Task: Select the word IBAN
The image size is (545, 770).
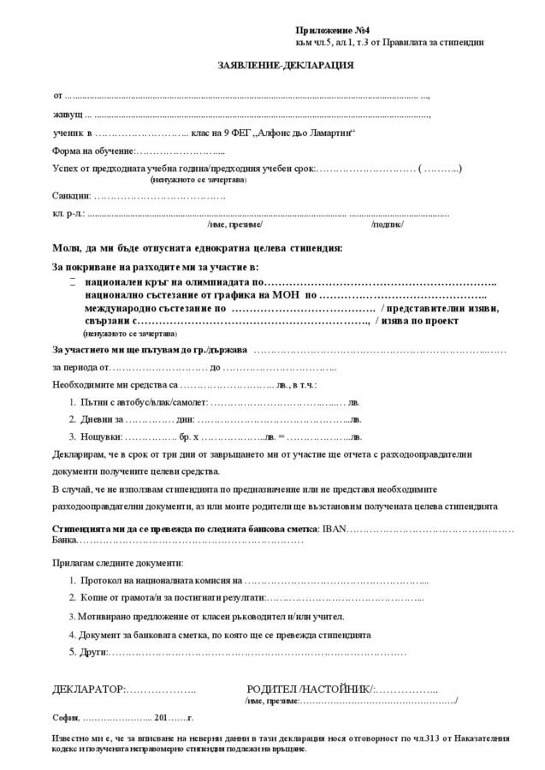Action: (333, 529)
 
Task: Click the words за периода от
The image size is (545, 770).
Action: (81, 369)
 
